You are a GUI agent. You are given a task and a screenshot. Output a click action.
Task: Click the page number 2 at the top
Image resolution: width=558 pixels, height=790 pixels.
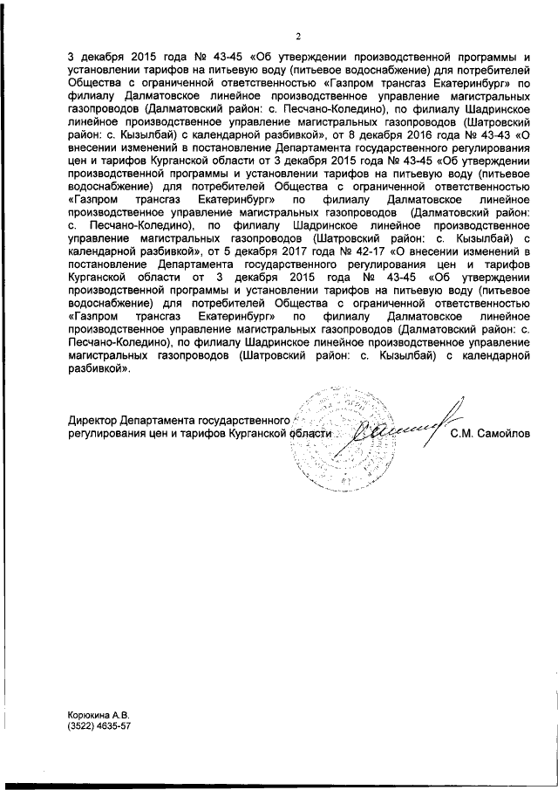(297, 37)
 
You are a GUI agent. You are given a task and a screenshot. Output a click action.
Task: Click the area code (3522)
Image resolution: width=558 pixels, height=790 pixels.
(85, 726)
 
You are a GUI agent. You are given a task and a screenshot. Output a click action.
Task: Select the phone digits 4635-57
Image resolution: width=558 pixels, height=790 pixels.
(118, 726)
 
